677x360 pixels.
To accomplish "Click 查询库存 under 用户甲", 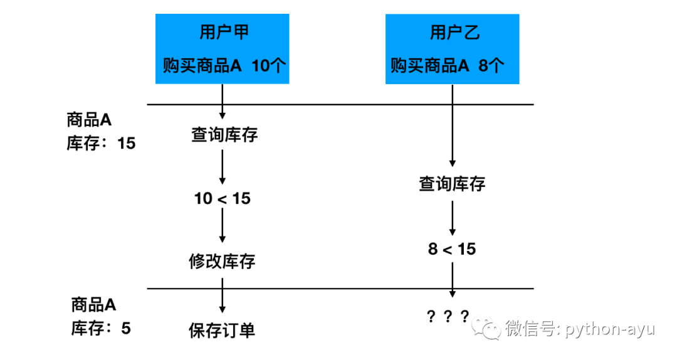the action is coord(224,135).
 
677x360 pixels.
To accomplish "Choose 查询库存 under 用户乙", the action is coord(452,184).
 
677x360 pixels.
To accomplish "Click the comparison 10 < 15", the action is coord(223,199).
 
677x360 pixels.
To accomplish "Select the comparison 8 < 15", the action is coord(452,249).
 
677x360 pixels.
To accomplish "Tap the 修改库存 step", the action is coord(223,261).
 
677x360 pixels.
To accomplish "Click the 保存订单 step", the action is coord(223,330).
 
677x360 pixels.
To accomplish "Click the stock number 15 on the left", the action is coord(126,144).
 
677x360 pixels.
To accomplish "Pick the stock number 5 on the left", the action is coord(126,327).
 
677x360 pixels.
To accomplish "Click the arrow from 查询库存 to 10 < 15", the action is coord(223,166).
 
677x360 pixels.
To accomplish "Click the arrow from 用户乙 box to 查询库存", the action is coord(452,125).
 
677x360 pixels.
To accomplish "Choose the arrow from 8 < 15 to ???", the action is coord(452,279).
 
